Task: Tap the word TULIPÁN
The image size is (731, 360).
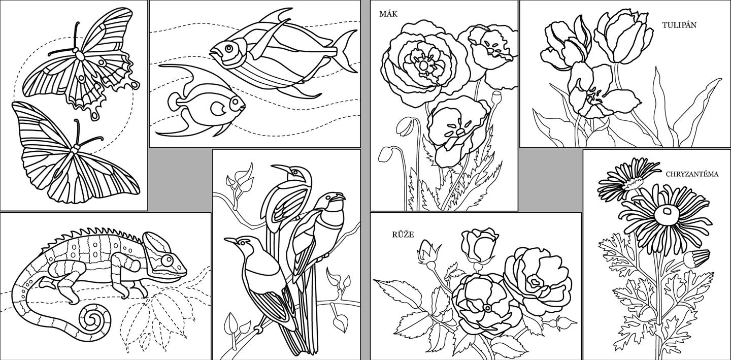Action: [679, 25]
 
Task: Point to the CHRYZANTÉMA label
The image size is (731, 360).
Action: [692, 174]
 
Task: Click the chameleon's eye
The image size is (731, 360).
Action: [167, 260]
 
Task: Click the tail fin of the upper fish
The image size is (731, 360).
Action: [345, 51]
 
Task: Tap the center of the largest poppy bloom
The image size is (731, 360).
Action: [423, 66]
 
